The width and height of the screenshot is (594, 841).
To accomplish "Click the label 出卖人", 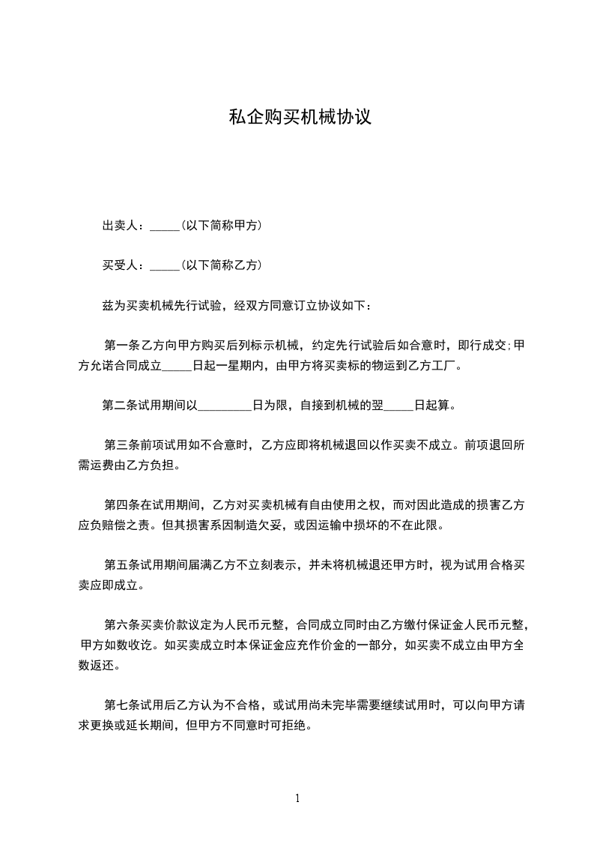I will pyautogui.click(x=121, y=226).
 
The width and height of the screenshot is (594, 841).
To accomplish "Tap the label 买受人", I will pyautogui.click(x=121, y=265).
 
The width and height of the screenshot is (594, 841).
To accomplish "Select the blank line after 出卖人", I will pyautogui.click(x=165, y=228).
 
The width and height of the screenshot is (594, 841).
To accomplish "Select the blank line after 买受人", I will pyautogui.click(x=165, y=267).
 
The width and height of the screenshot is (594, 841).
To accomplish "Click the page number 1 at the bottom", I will pyautogui.click(x=297, y=798).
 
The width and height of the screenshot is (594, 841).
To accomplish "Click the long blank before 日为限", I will pyautogui.click(x=225, y=408).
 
